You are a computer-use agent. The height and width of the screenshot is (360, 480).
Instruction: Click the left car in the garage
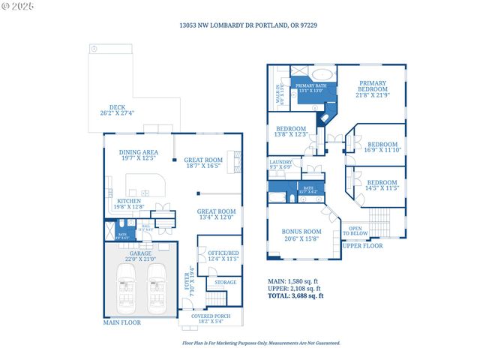tap(125, 288)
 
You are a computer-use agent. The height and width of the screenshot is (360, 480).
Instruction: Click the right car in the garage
tap(157, 288)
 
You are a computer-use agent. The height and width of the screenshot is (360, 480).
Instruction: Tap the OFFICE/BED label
tap(223, 254)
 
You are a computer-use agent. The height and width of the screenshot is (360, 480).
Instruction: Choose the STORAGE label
tap(226, 282)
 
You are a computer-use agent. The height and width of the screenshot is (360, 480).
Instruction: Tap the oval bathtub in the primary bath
tap(324, 75)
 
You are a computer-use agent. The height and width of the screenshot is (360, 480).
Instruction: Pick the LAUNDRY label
tap(280, 162)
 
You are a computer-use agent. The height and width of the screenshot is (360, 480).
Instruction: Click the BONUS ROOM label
tap(301, 232)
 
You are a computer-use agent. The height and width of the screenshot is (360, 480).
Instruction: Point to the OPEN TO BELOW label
tap(355, 231)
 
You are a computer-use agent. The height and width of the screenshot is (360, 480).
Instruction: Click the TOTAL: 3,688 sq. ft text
tap(295, 295)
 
